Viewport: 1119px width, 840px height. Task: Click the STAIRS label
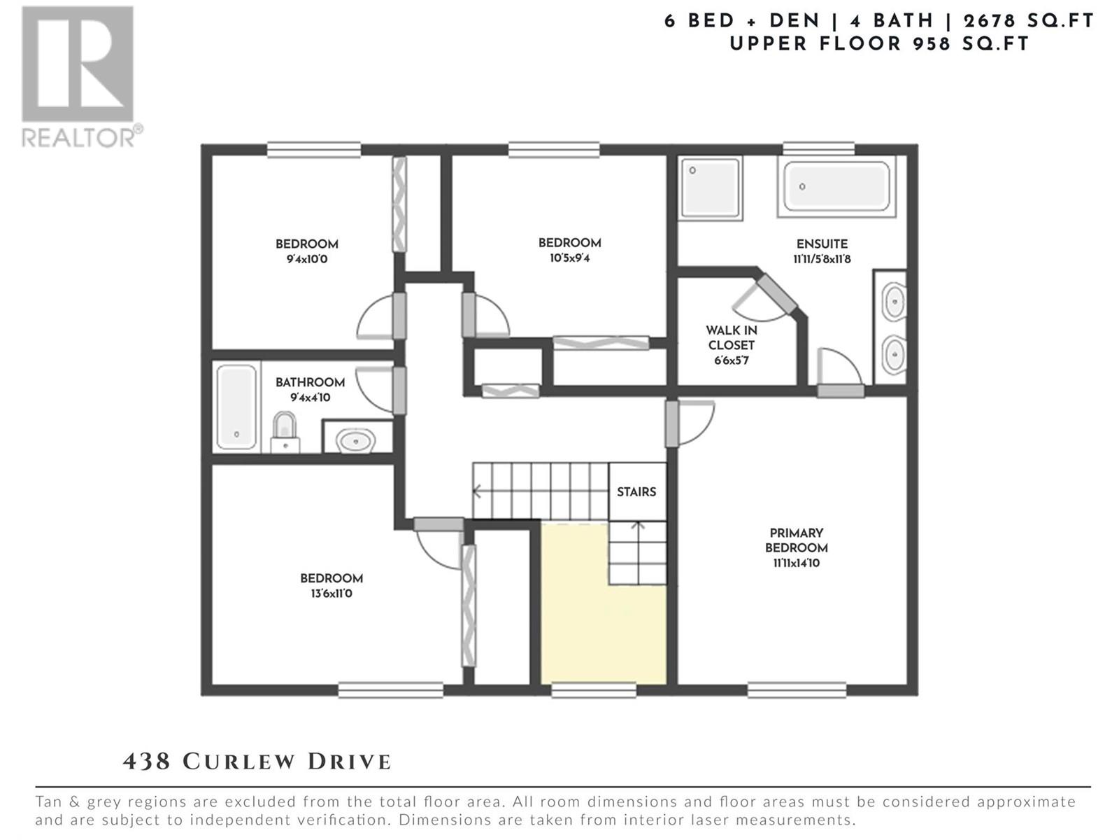(x=636, y=492)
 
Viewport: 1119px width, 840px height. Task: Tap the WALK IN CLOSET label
(x=731, y=337)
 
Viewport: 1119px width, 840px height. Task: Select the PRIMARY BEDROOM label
(x=797, y=540)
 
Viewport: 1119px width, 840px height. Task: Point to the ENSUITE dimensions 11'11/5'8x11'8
(x=822, y=259)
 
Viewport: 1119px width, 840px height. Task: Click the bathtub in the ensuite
(x=836, y=186)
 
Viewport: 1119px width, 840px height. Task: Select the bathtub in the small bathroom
(x=236, y=407)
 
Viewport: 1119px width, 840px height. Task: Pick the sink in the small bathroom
(x=357, y=440)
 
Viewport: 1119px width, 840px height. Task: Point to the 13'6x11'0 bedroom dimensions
(x=332, y=594)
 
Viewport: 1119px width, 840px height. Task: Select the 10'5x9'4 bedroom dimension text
(x=569, y=258)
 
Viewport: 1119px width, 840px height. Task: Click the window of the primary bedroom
(x=797, y=690)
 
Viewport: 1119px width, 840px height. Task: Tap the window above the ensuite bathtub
(x=819, y=149)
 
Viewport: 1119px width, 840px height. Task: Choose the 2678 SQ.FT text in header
(x=1028, y=21)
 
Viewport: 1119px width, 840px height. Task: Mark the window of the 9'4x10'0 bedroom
(x=314, y=150)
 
